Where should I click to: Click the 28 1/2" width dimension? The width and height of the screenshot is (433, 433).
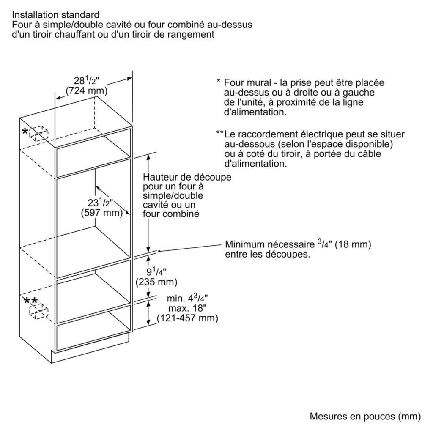click(x=86, y=81)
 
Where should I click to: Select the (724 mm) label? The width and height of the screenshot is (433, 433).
click(x=86, y=90)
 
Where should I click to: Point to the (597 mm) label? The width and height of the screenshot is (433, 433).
click(x=101, y=213)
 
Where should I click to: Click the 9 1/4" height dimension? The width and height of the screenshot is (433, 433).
click(x=156, y=272)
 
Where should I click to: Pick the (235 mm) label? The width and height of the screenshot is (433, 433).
click(x=156, y=282)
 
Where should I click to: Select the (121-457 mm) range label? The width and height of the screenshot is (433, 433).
click(x=187, y=318)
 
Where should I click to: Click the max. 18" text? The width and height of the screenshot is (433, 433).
click(x=187, y=308)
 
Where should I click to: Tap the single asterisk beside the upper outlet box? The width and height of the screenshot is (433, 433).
click(x=25, y=132)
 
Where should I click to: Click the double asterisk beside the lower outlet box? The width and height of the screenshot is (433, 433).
click(x=30, y=301)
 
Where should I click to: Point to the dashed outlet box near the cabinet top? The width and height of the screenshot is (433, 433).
click(x=38, y=133)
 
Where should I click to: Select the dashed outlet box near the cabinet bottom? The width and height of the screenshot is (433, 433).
click(x=38, y=311)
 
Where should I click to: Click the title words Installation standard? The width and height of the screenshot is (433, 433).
click(x=55, y=15)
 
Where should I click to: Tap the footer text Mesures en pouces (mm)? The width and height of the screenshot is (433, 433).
click(x=365, y=416)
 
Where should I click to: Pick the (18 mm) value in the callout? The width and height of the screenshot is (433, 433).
click(x=353, y=244)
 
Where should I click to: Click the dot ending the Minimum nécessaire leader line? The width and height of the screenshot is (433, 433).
click(x=159, y=251)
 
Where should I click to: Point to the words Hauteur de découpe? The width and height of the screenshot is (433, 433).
click(x=187, y=177)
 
